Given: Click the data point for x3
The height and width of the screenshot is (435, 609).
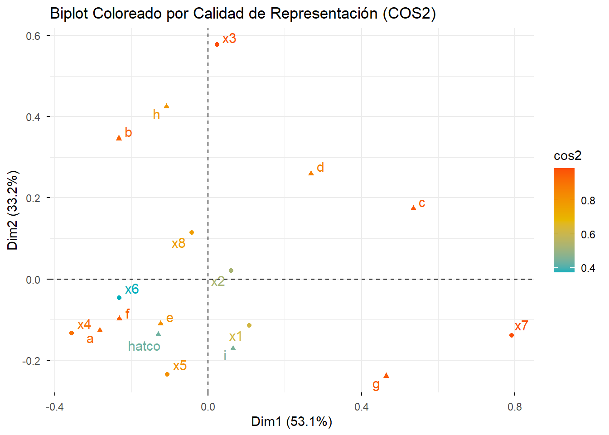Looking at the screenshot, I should pyautogui.click(x=217, y=44).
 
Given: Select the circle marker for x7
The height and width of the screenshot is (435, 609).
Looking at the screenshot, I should pyautogui.click(x=512, y=335).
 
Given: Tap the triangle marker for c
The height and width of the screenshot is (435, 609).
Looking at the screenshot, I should pyautogui.click(x=413, y=208).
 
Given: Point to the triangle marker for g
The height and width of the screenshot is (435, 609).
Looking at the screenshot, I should pyautogui.click(x=386, y=376).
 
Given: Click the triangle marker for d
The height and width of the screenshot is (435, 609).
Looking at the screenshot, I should pyautogui.click(x=311, y=173).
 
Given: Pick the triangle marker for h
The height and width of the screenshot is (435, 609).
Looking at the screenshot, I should pyautogui.click(x=166, y=106).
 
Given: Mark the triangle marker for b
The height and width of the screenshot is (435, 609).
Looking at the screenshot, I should pyautogui.click(x=119, y=138).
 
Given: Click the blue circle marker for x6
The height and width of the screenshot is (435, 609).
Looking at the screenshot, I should pyautogui.click(x=119, y=298).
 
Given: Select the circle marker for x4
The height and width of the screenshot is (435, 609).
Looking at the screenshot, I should pyautogui.click(x=72, y=333).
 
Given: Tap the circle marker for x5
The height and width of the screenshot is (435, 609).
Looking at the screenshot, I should pyautogui.click(x=167, y=374).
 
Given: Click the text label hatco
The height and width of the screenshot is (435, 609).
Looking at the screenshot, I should pyautogui.click(x=144, y=347).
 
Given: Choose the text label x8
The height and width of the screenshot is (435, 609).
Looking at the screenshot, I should pyautogui.click(x=179, y=244).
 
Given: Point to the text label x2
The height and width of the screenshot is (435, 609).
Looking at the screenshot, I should pyautogui.click(x=218, y=282).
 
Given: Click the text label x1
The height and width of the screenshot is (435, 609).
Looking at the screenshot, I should pyautogui.click(x=236, y=337).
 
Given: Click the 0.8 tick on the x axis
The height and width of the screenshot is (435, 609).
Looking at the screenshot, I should pyautogui.click(x=515, y=407).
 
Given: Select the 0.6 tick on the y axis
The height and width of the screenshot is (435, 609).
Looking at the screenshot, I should pyautogui.click(x=33, y=36).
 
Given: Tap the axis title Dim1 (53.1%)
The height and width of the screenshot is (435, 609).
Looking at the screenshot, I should pyautogui.click(x=292, y=422).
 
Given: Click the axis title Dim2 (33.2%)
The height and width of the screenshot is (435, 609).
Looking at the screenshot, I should pyautogui.click(x=13, y=210).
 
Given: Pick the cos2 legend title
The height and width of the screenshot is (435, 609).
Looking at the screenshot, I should pyautogui.click(x=567, y=156).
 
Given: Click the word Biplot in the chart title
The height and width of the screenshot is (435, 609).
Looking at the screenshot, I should pyautogui.click(x=69, y=14).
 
